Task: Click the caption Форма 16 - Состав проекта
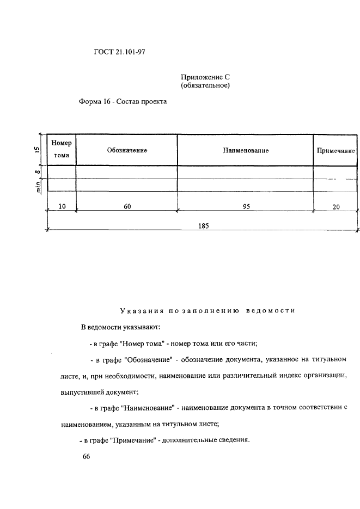point(123,101)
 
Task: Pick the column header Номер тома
point(62,149)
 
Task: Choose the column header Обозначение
point(127,150)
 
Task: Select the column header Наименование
point(246,150)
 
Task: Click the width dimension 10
point(62,206)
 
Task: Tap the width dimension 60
point(127,206)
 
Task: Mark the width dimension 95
point(246,206)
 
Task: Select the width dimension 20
point(336,207)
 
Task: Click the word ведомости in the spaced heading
point(271,311)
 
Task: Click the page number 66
point(86,457)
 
